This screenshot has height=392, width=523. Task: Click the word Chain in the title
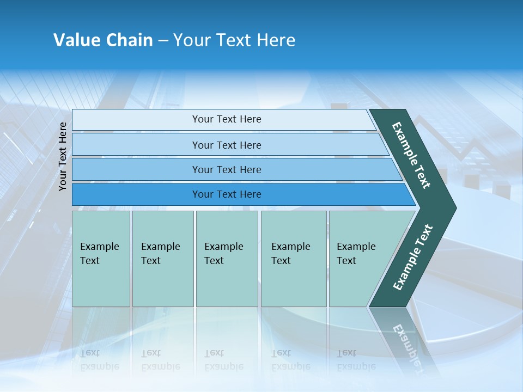point(129,40)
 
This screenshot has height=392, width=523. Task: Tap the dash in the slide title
point(163,41)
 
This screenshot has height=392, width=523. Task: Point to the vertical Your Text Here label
point(63,156)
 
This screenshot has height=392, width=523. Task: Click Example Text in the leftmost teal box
point(99,254)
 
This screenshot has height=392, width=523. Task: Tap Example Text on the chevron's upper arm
point(411,155)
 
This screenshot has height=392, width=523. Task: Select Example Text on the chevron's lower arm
point(412,257)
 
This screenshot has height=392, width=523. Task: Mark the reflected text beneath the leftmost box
point(99,360)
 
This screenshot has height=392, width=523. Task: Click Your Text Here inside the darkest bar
point(227,194)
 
